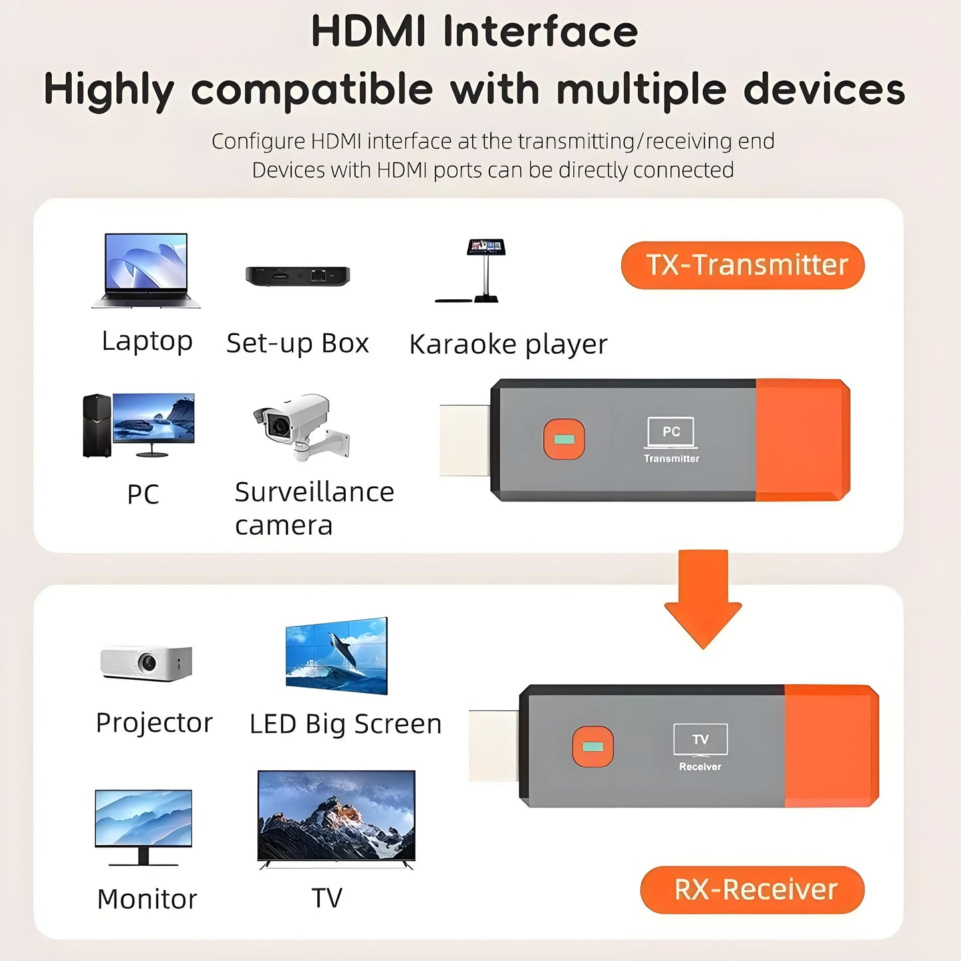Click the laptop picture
146,269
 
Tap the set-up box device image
297,275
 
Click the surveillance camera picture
303,426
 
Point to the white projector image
146,662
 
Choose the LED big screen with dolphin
337,656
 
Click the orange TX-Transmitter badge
742,265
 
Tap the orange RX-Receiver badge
752,890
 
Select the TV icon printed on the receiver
700,740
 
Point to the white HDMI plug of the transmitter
465,440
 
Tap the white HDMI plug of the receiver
493,746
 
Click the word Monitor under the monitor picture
147,899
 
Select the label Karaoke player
508,344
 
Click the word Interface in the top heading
540,32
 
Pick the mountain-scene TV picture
337,818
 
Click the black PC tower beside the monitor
97,426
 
